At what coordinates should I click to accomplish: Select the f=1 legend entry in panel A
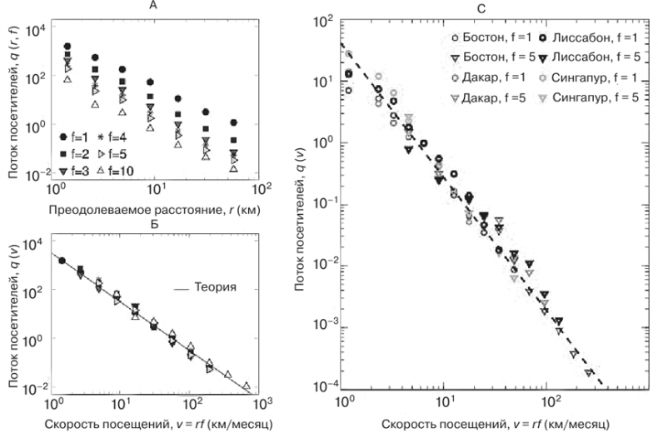[x=74, y=136]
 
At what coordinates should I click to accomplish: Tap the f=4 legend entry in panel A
[x=116, y=136]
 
